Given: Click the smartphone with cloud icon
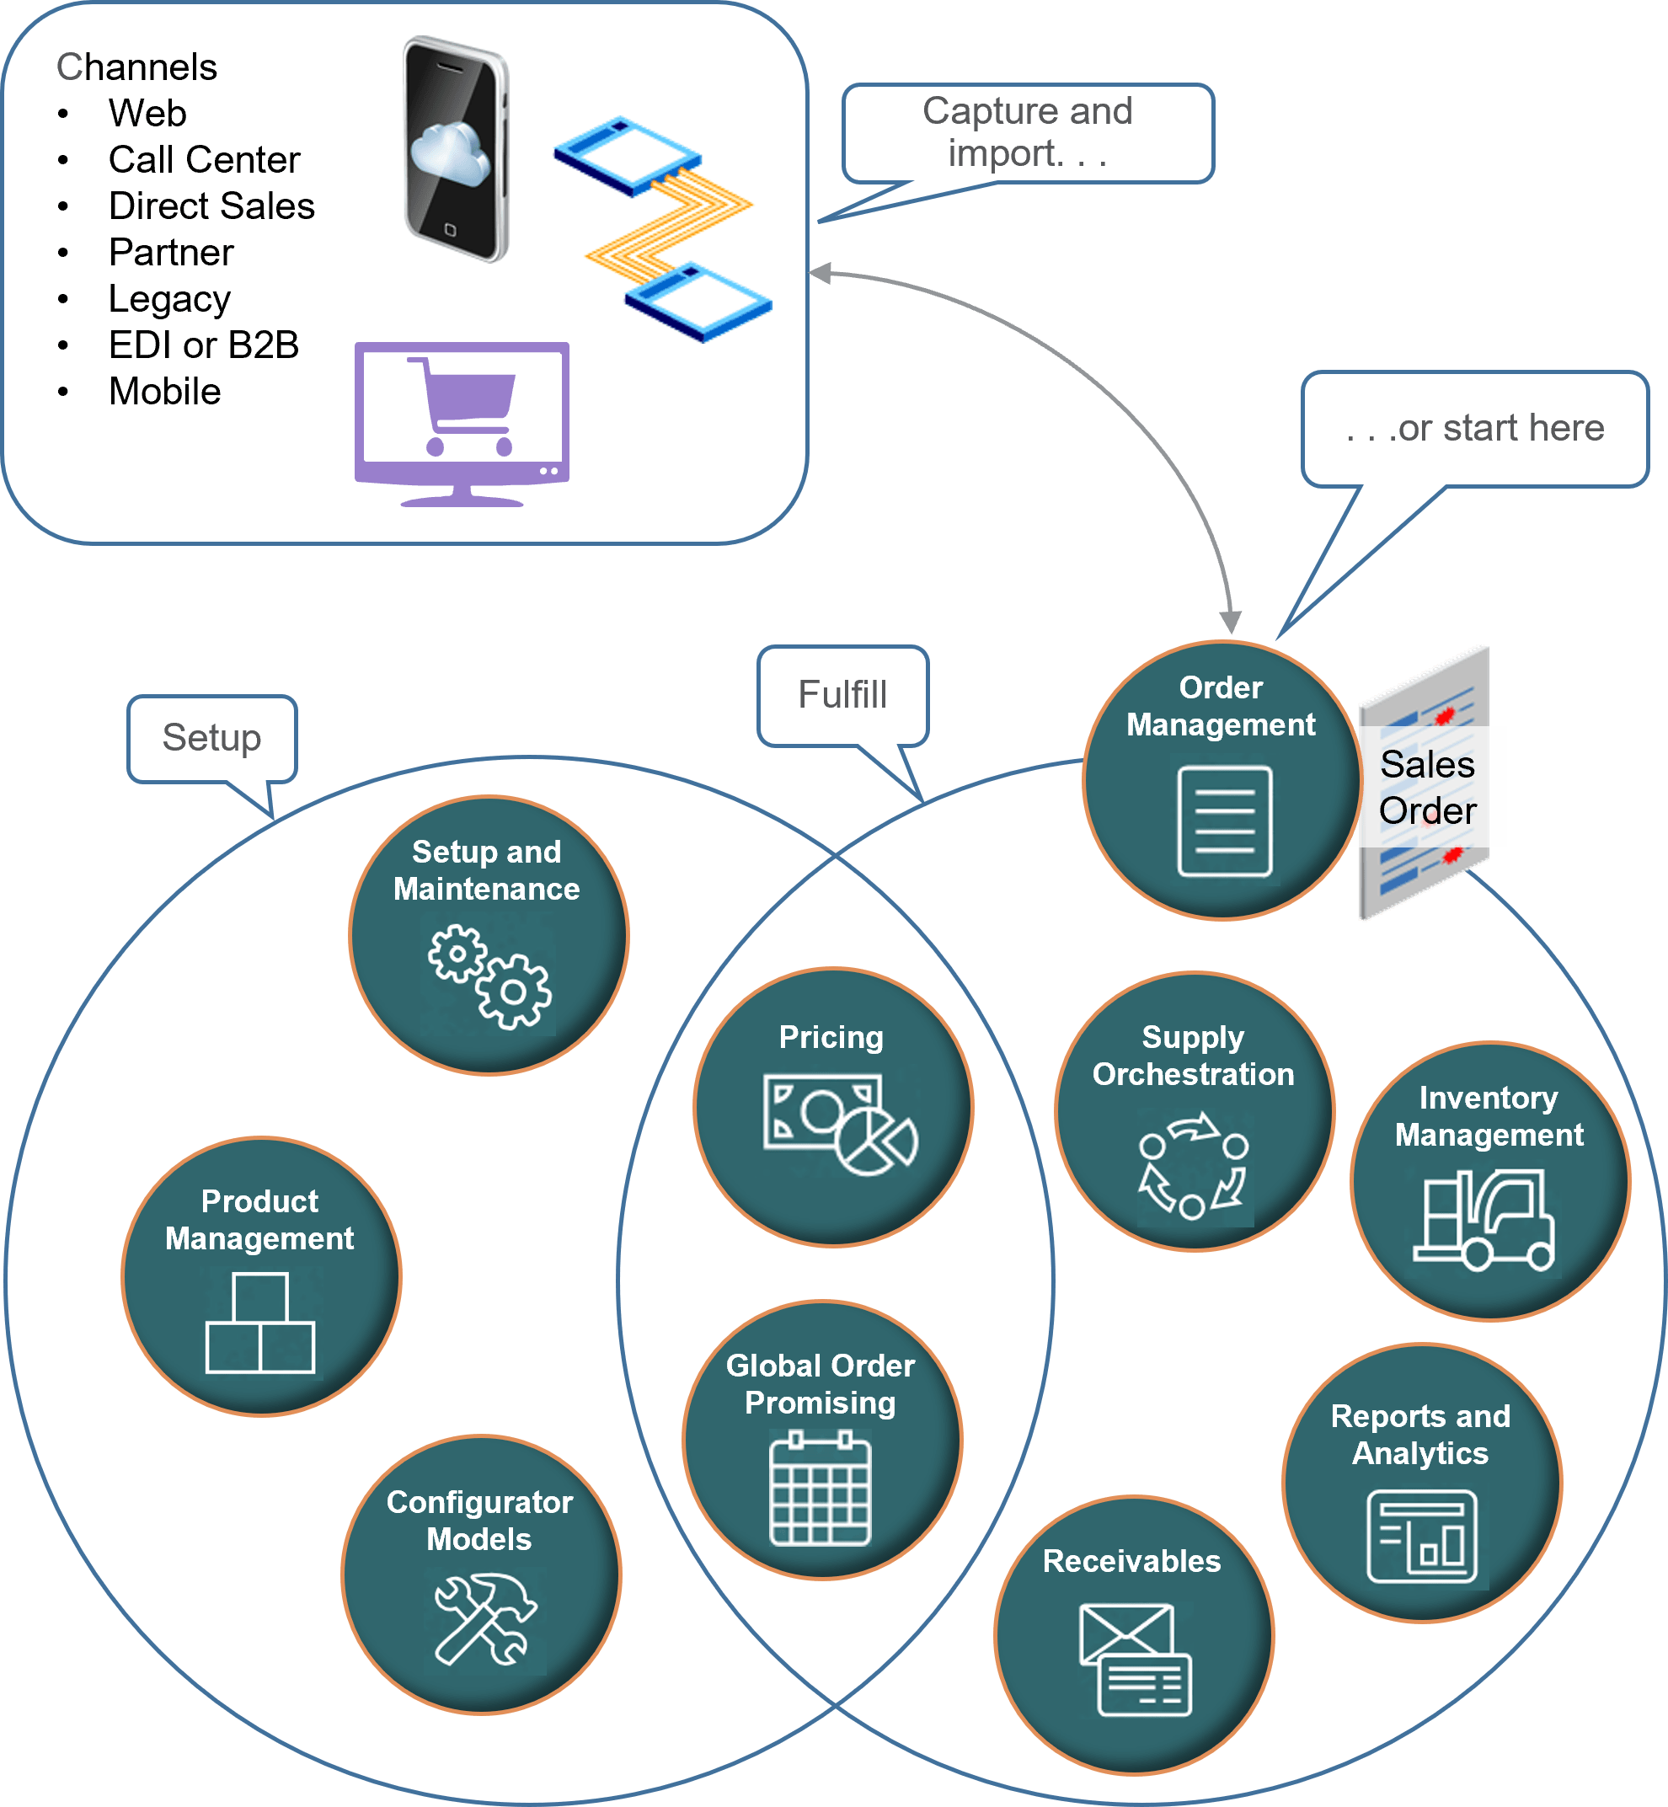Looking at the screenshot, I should [x=457, y=149].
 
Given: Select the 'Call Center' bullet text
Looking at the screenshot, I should [x=204, y=160].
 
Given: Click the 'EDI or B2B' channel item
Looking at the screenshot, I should [x=203, y=345].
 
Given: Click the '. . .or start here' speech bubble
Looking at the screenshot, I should [x=1474, y=429].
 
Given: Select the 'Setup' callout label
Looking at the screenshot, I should [x=212, y=737].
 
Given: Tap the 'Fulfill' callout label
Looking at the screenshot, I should [x=842, y=695].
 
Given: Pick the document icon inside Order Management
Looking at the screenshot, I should [x=1225, y=821].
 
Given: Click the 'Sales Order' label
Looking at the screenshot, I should [x=1428, y=787].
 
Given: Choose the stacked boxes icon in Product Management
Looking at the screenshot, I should [x=260, y=1323].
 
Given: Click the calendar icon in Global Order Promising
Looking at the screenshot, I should [x=820, y=1489].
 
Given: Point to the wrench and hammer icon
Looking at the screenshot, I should [x=485, y=1618].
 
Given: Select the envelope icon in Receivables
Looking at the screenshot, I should [x=1135, y=1659].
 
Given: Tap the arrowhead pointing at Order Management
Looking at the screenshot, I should [x=1230, y=622].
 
